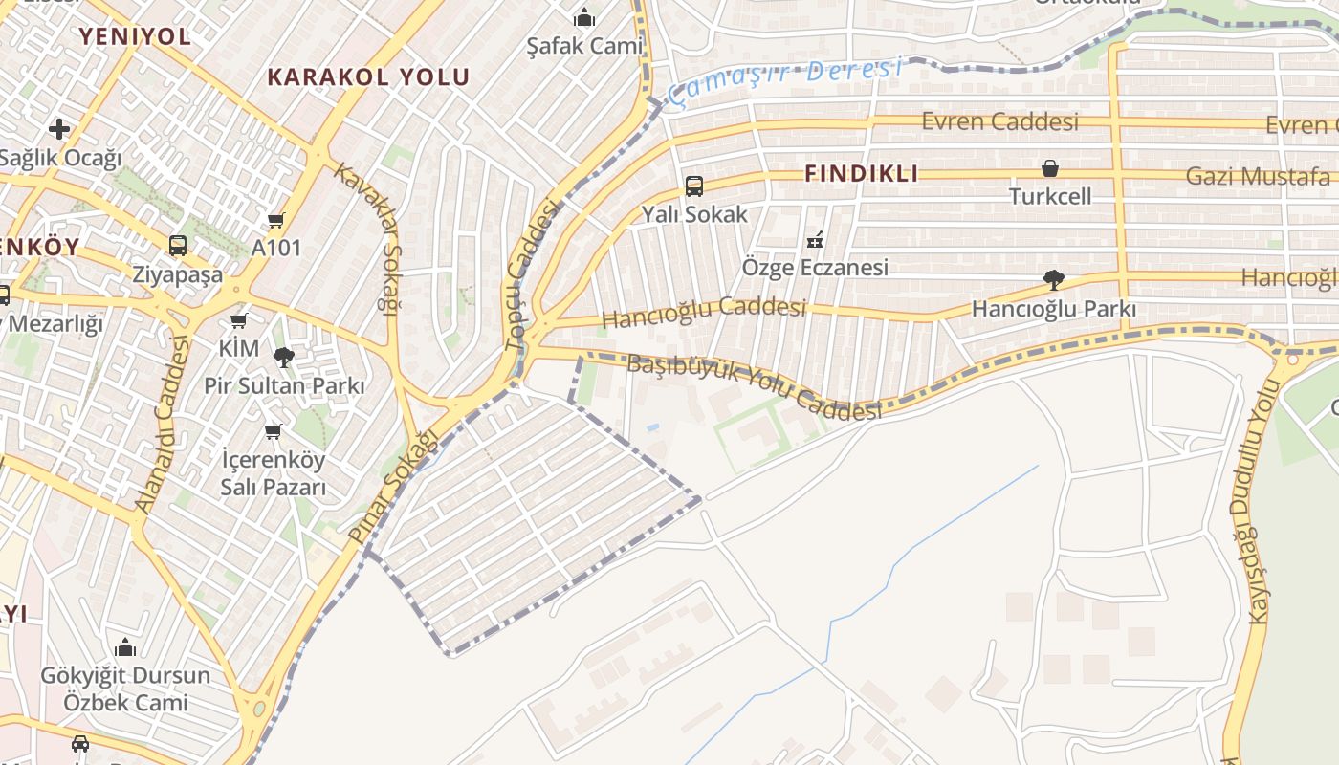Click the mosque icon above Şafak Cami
tap(584, 17)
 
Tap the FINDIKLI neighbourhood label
tap(861, 173)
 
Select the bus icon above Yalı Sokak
tap(694, 186)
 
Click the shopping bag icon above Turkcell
tap(1050, 169)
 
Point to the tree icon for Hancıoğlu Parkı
tap(1054, 280)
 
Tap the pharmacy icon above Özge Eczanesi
tap(815, 239)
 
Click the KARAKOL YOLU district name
tap(368, 77)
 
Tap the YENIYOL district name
tap(135, 36)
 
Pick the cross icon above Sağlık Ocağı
tap(59, 128)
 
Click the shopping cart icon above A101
tap(276, 221)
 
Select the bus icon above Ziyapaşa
tap(178, 246)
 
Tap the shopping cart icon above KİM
tap(239, 321)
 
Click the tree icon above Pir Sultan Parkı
tap(284, 358)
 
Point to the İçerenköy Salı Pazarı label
tap(274, 473)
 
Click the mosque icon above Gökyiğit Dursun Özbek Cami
tap(125, 647)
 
